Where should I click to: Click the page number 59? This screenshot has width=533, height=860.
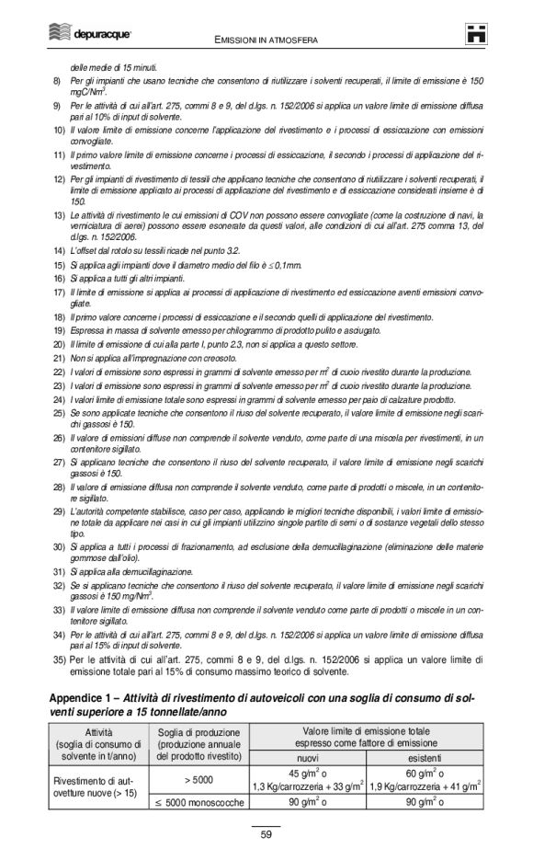point(266,833)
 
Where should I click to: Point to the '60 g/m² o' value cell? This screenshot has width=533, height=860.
point(425,772)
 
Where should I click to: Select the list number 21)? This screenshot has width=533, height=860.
point(59,357)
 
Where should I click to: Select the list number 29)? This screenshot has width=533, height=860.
point(59,510)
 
